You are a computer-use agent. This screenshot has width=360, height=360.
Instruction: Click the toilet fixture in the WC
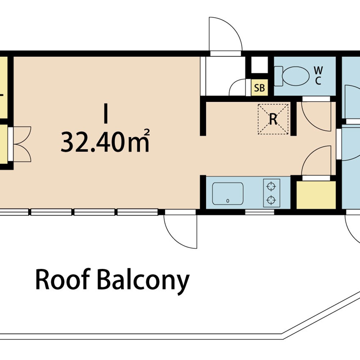292,76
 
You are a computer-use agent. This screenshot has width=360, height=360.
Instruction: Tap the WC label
318,76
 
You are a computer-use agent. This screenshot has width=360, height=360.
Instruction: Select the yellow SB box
260,87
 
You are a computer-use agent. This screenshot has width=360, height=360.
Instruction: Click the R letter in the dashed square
273,119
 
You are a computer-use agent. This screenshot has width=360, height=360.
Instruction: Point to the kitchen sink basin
228,194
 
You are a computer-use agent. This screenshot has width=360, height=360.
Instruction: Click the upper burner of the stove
271,186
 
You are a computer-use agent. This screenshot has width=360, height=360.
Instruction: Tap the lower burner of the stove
271,200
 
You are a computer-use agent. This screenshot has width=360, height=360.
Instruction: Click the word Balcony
143,282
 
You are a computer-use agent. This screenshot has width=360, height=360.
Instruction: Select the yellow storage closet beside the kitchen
316,195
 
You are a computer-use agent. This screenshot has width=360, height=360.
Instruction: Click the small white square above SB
260,65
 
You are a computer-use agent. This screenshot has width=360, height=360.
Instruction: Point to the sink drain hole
228,201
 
